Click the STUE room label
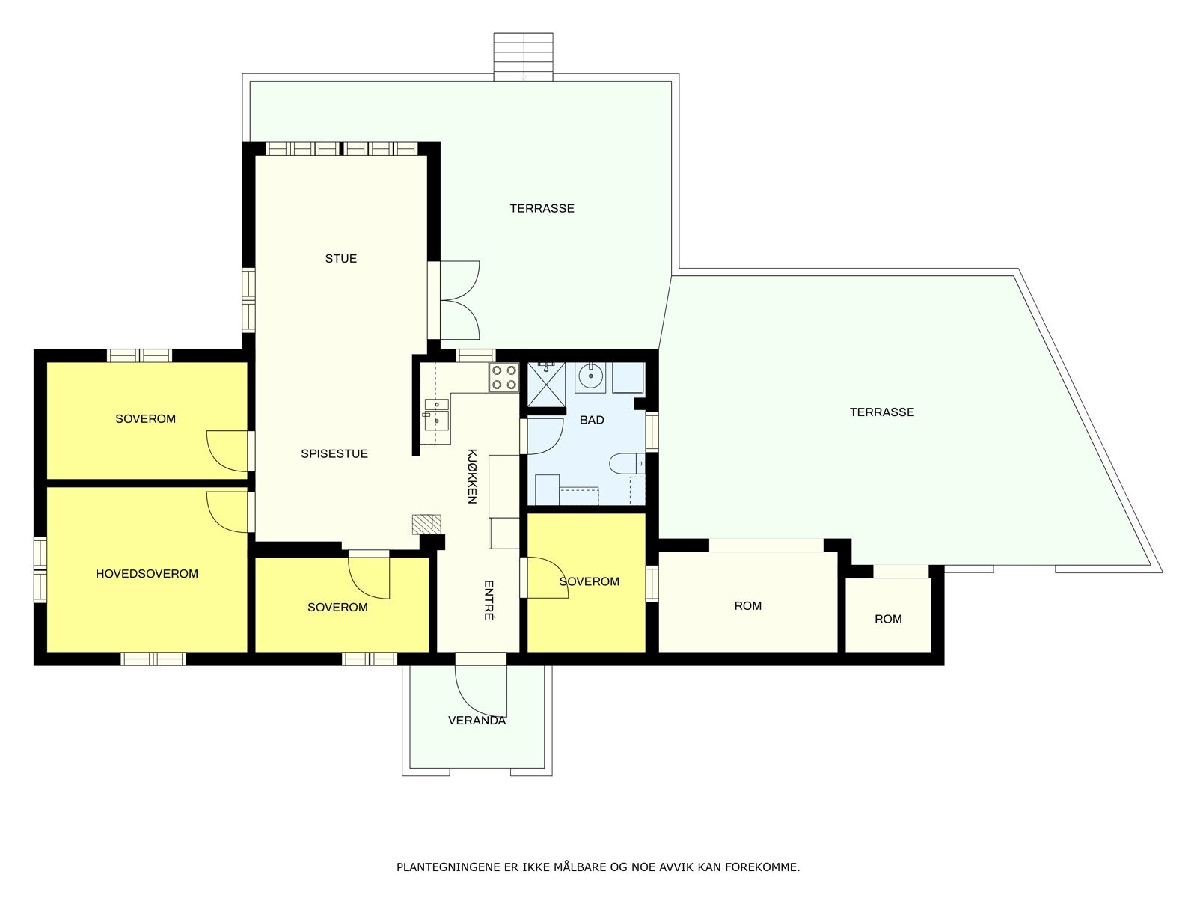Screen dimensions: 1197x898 [x=341, y=258]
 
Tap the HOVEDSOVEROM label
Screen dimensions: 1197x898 [x=147, y=573]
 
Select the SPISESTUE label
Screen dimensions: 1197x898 [x=334, y=453]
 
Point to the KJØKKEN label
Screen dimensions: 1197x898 [x=472, y=476]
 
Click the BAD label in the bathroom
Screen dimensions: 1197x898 [x=592, y=420]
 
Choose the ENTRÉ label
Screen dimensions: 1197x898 [x=489, y=599]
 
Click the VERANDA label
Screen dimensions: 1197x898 [x=477, y=720]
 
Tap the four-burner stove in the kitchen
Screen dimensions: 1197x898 [x=504, y=377]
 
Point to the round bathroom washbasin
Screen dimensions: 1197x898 [x=590, y=376]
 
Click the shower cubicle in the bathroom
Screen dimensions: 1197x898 [x=546, y=385]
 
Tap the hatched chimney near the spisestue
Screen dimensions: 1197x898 [x=426, y=524]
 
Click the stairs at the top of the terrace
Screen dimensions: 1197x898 [x=524, y=57]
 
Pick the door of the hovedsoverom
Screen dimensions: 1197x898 [x=228, y=512]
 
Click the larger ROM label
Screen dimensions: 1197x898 [x=747, y=605]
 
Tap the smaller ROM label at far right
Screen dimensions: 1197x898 [x=888, y=619]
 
